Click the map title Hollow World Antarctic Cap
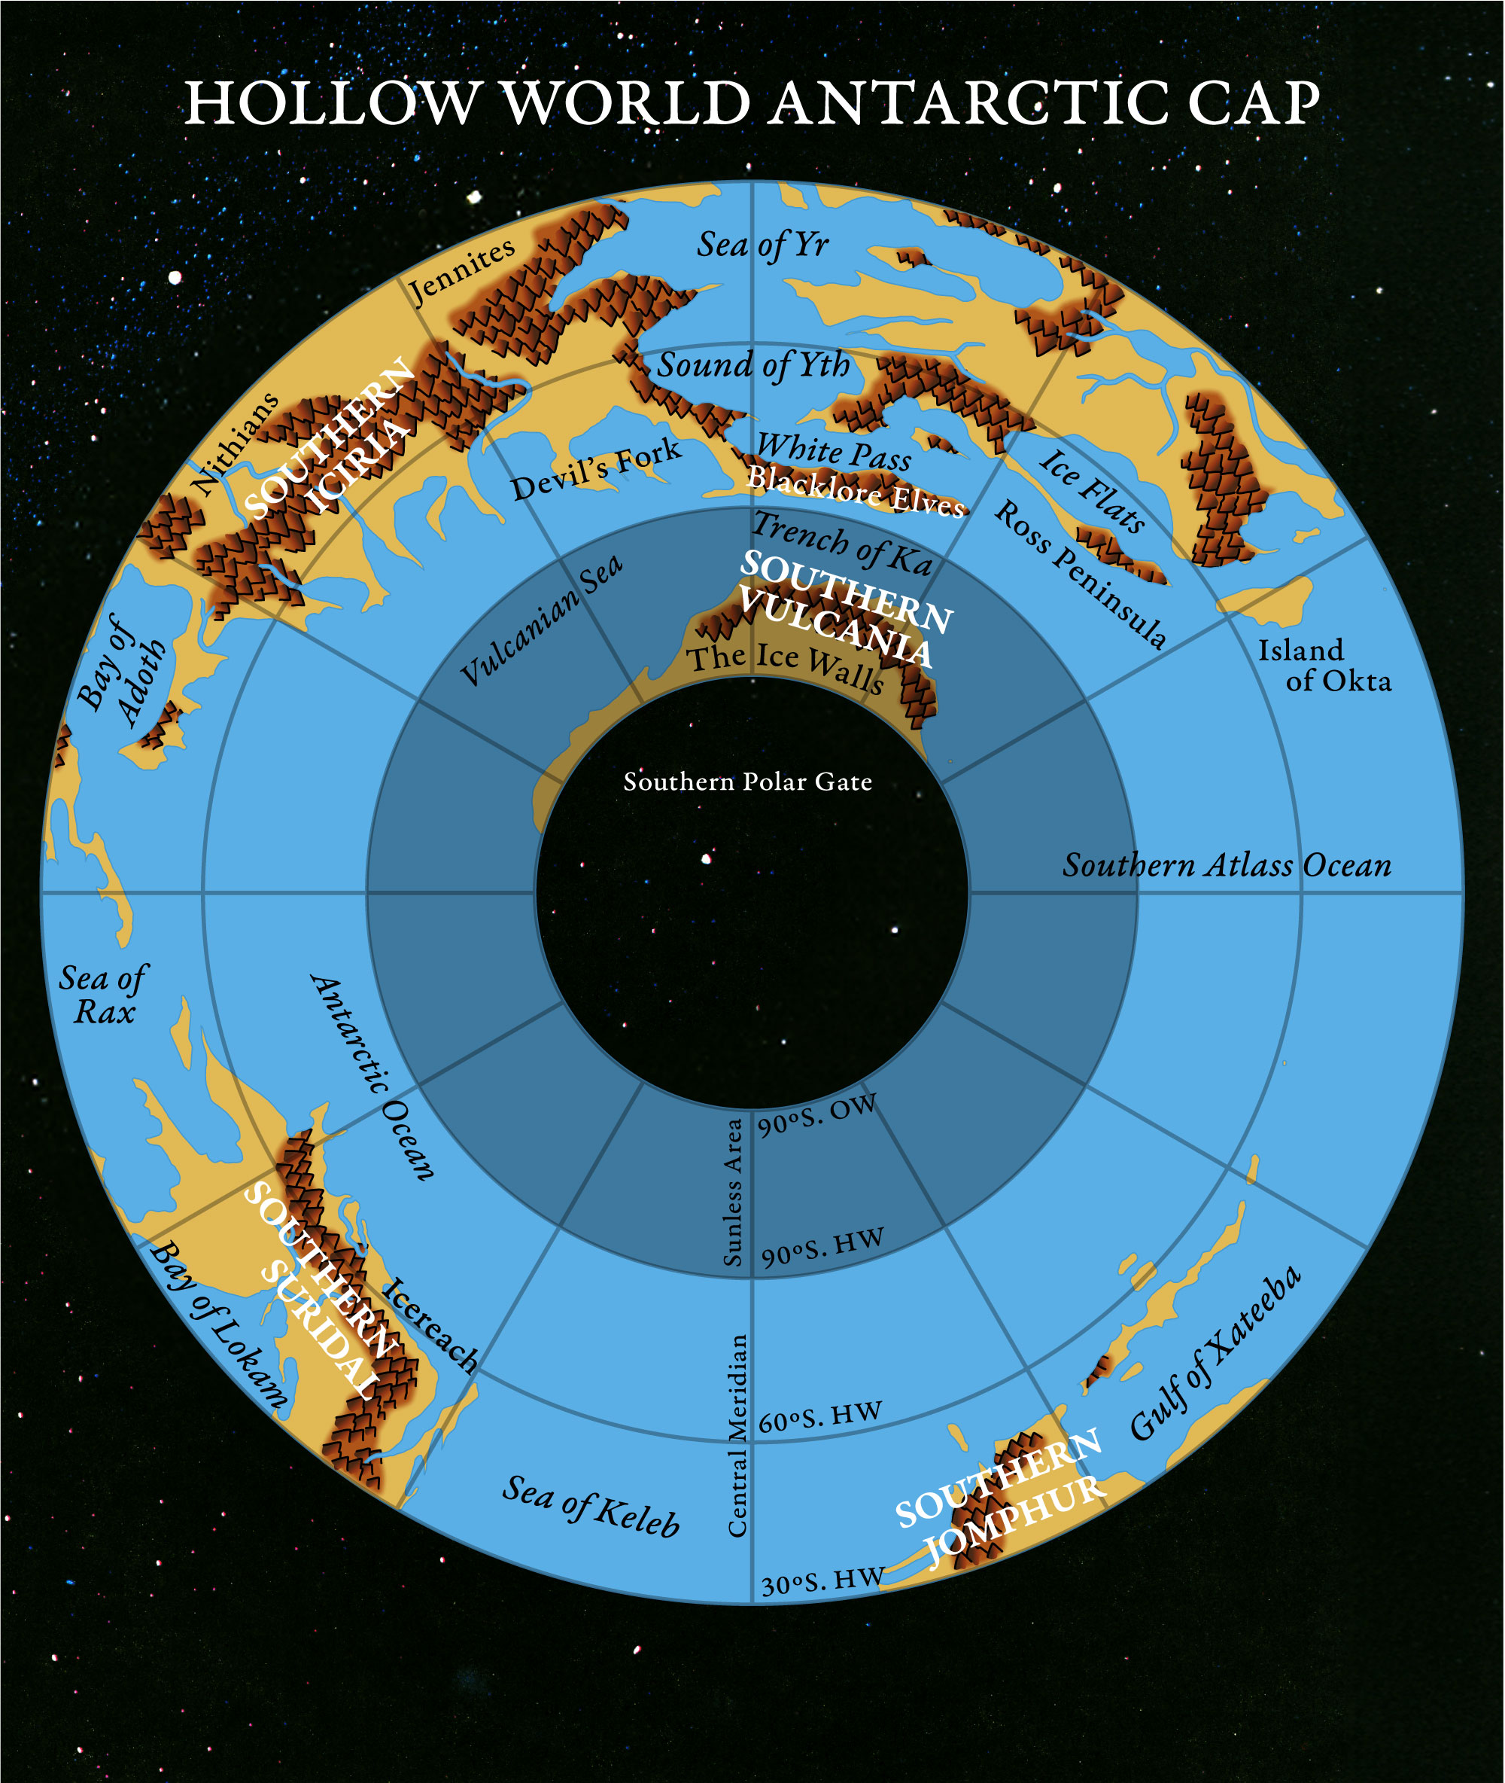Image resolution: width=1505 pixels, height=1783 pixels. pyautogui.click(x=752, y=104)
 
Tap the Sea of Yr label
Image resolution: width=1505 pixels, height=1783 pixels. pyautogui.click(x=762, y=245)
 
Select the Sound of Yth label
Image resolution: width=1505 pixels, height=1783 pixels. pyautogui.click(x=753, y=365)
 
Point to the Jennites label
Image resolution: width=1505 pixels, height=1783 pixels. pyautogui.click(x=461, y=270)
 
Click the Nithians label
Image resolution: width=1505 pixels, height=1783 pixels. pyautogui.click(x=236, y=443)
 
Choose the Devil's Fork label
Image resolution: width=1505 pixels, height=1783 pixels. pyautogui.click(x=595, y=469)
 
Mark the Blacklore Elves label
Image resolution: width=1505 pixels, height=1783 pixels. pyautogui.click(x=855, y=492)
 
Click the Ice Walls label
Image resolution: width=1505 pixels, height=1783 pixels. pyautogui.click(x=786, y=666)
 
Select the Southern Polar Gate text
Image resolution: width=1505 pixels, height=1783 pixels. pyautogui.click(x=747, y=782)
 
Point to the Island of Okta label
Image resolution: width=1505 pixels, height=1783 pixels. pyautogui.click(x=1322, y=665)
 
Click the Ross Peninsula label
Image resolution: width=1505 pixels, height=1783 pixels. pyautogui.click(x=1080, y=574)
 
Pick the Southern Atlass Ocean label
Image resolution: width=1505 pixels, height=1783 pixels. pyautogui.click(x=1226, y=865)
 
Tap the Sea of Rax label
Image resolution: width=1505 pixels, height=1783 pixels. pyautogui.click(x=103, y=995)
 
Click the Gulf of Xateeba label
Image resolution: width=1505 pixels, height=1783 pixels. pyautogui.click(x=1216, y=1353)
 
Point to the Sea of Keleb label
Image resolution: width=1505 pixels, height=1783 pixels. pyautogui.click(x=591, y=1507)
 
